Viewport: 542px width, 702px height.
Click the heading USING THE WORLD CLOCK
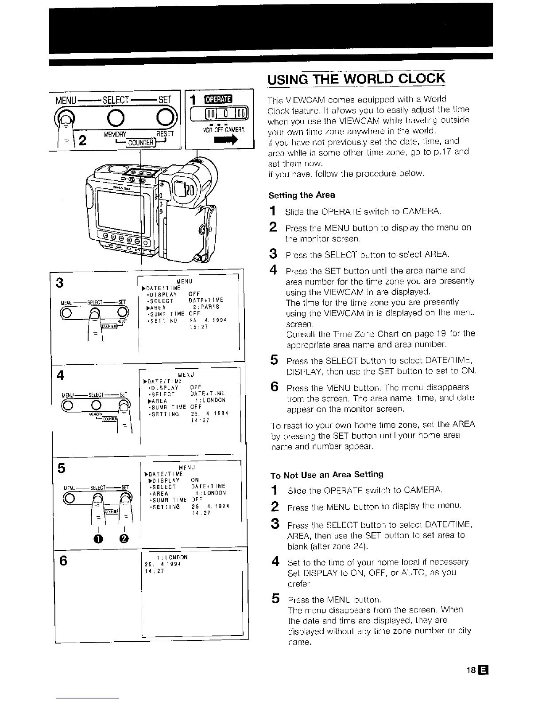click(356, 78)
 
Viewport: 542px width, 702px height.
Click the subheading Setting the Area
click(302, 195)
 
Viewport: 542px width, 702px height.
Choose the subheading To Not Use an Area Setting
click(327, 475)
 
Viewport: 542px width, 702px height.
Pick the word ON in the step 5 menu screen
click(195, 480)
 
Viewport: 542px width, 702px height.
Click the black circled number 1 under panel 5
click(99, 538)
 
